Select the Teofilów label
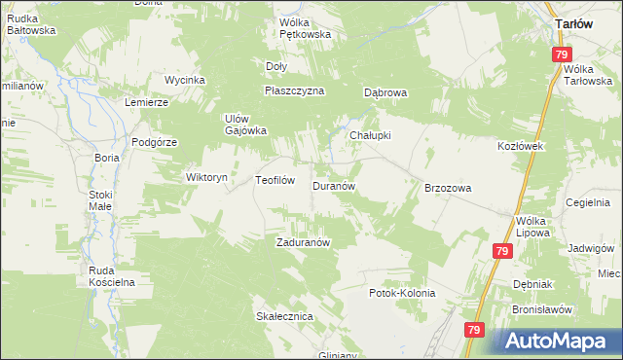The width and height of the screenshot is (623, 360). tap(275, 180)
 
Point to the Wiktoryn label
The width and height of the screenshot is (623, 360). tap(206, 178)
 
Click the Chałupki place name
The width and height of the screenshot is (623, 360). tap(370, 135)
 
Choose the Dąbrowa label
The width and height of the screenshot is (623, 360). tap(385, 93)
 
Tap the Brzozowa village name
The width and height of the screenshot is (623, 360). tap(448, 188)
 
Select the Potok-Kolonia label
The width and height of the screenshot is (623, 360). tap(402, 292)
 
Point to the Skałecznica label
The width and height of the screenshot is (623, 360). tap(283, 316)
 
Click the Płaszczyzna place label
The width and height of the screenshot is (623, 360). tap(294, 90)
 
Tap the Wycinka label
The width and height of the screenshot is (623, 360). tap(184, 79)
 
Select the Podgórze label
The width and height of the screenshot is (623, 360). tap(153, 141)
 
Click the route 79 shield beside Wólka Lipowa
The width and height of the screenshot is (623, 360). tap(502, 251)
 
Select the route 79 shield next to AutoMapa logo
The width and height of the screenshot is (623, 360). tap(473, 331)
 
